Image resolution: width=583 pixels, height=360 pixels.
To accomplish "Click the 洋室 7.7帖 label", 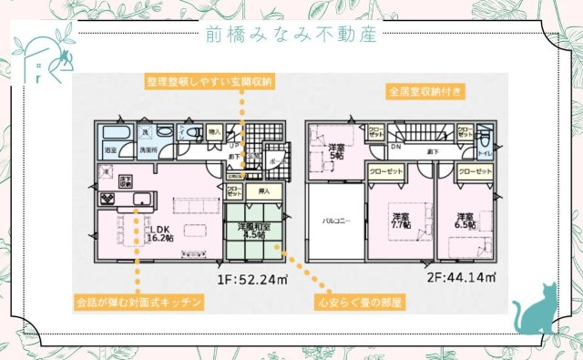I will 402,221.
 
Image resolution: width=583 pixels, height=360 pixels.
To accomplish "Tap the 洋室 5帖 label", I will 337,151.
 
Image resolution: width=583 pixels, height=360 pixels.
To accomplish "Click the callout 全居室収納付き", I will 425,91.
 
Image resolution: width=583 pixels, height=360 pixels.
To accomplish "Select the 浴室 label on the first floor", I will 110,149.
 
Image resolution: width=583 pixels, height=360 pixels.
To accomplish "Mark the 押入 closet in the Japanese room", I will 263,191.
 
